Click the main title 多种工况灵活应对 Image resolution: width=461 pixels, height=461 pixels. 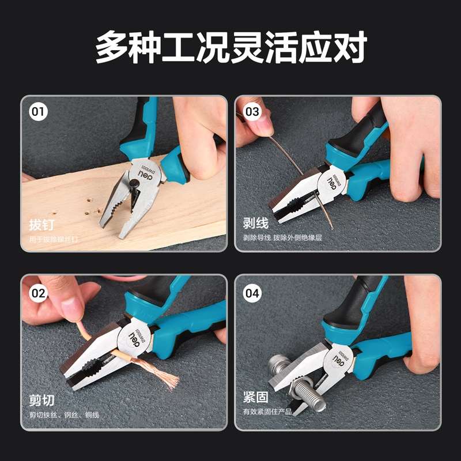coord(231,47)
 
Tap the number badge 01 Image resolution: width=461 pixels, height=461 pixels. coord(38,112)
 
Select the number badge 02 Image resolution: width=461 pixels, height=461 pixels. coord(38,293)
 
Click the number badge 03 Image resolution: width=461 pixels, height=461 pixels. coord(252,112)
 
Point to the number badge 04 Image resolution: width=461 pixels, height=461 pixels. coord(252,293)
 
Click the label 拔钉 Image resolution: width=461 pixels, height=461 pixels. coord(41,225)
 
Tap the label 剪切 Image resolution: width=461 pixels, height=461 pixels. coord(41,400)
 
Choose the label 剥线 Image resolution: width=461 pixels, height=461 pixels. coord(256,223)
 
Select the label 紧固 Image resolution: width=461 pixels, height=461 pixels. coord(256,397)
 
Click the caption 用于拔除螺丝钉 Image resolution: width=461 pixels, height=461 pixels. coord(54,239)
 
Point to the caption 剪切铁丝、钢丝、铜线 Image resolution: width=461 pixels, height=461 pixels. coord(64,415)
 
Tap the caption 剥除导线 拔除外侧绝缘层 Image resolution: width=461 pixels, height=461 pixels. coord(282,237)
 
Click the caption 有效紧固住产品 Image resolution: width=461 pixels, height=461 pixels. coord(267,411)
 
